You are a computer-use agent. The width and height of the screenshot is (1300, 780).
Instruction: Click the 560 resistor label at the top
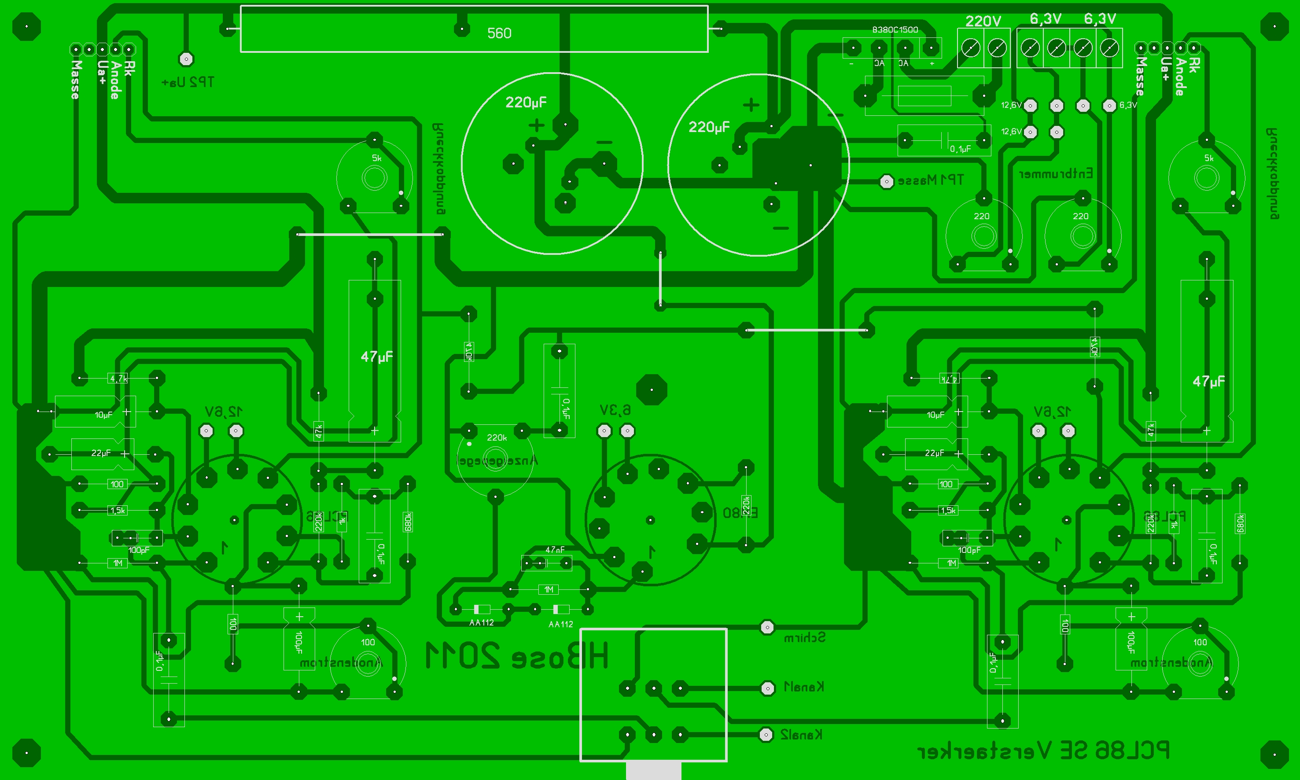(x=499, y=33)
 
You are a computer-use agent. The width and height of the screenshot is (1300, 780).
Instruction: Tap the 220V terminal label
(x=983, y=21)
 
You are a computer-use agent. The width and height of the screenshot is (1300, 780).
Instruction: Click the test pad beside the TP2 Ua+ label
(x=186, y=59)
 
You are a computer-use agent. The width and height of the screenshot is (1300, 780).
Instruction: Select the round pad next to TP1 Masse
(x=886, y=182)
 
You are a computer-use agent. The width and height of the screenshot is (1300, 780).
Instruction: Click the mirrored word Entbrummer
(x=1056, y=174)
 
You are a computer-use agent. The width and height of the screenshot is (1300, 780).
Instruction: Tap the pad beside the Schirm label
(x=767, y=627)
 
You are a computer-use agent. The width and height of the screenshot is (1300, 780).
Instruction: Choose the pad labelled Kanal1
(x=767, y=688)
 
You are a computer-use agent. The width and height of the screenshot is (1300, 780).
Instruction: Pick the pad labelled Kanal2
(x=766, y=734)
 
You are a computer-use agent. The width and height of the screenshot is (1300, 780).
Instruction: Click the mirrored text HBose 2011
(x=517, y=656)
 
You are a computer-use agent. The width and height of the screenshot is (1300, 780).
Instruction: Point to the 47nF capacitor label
(x=555, y=550)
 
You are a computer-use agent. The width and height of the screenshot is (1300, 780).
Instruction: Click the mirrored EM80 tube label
(x=740, y=513)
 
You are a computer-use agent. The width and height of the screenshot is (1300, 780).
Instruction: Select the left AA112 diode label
(x=482, y=623)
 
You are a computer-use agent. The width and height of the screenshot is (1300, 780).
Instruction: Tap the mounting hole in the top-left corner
(x=26, y=26)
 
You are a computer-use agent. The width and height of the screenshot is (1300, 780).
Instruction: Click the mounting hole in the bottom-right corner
(x=1274, y=753)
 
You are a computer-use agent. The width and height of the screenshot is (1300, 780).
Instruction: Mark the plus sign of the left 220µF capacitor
(x=537, y=125)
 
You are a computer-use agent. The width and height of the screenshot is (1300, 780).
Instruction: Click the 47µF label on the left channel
(x=376, y=357)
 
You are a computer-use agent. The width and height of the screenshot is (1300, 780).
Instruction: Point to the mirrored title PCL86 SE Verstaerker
(x=1043, y=751)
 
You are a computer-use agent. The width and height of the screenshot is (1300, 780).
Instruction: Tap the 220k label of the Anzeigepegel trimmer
(x=497, y=437)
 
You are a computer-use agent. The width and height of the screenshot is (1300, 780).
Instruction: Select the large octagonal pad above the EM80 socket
(x=651, y=390)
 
